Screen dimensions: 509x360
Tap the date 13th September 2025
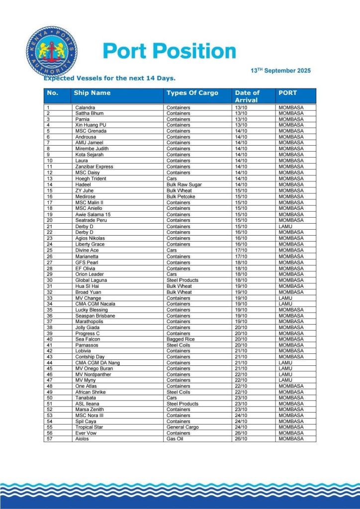pyautogui.click(x=280, y=71)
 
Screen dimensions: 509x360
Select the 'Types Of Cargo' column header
pyautogui.click(x=192, y=93)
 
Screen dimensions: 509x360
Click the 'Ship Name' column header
pyautogui.click(x=92, y=93)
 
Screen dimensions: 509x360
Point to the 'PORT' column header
pyautogui.click(x=287, y=93)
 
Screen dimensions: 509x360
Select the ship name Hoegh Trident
pyautogui.click(x=90, y=178)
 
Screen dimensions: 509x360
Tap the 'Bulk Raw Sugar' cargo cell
pyautogui.click(x=184, y=184)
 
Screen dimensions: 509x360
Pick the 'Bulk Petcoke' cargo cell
pyautogui.click(x=181, y=196)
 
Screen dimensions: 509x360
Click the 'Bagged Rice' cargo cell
pyautogui.click(x=180, y=339)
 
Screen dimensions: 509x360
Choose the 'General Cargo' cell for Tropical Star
pyautogui.click(x=182, y=427)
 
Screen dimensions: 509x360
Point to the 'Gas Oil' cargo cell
pyautogui.click(x=175, y=439)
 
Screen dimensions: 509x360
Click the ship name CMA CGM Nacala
pyautogui.click(x=95, y=304)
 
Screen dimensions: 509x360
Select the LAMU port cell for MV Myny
pyautogui.click(x=285, y=380)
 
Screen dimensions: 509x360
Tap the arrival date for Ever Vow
pyautogui.click(x=241, y=433)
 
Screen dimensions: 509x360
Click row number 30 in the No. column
pyautogui.click(x=49, y=280)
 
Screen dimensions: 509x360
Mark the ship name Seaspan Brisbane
pyautogui.click(x=95, y=316)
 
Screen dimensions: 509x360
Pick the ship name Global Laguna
pyautogui.click(x=91, y=280)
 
